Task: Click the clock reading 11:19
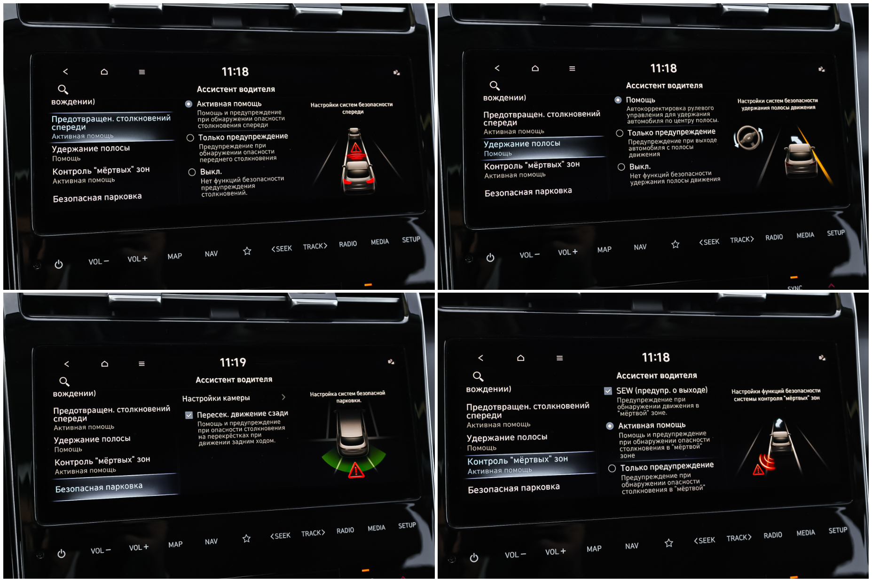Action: click(233, 362)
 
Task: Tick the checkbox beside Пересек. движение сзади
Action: click(189, 415)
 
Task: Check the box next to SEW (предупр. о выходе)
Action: click(608, 391)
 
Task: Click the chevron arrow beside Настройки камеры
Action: click(283, 397)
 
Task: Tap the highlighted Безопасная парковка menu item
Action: click(99, 487)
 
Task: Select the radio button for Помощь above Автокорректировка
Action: click(618, 100)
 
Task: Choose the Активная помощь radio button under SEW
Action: click(610, 426)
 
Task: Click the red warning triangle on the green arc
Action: click(356, 470)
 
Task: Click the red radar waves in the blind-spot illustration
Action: click(768, 462)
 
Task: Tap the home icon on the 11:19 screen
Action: click(104, 364)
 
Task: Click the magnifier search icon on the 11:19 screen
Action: click(64, 382)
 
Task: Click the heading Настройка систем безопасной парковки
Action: click(348, 397)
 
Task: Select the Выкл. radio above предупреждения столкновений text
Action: click(192, 172)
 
